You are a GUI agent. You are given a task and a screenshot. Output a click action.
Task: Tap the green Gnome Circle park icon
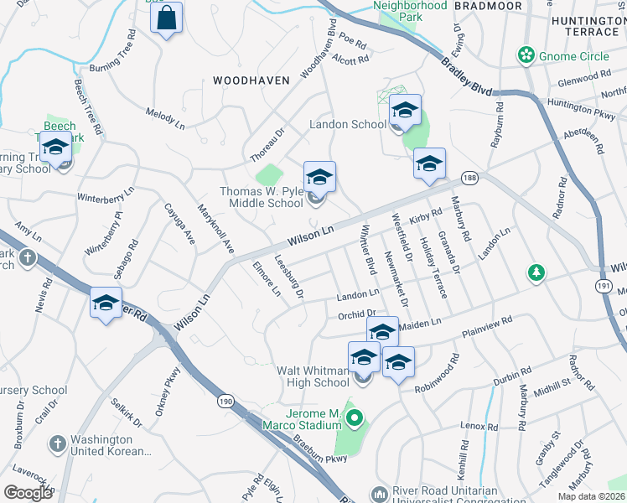coord(526,56)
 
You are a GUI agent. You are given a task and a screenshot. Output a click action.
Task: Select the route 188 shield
coord(469,178)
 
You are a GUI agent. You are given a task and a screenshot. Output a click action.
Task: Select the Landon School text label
coord(348,125)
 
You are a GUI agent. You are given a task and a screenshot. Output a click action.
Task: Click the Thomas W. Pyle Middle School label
coord(261,197)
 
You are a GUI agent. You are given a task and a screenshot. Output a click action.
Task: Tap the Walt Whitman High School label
coord(313,376)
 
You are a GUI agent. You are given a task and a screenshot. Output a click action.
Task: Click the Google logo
coord(28,493)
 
